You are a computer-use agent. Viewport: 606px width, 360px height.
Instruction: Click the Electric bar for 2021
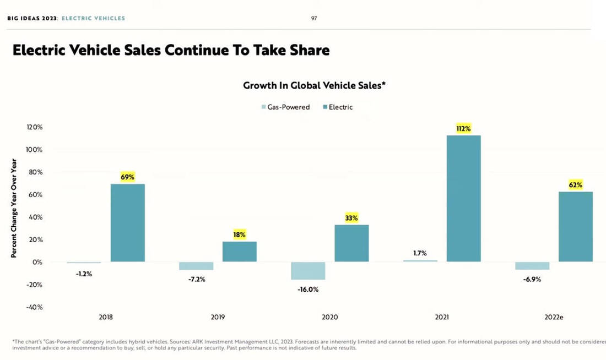[463, 198]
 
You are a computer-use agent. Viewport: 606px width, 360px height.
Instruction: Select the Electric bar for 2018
[128, 222]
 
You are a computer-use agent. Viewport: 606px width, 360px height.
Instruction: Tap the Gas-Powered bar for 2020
[307, 271]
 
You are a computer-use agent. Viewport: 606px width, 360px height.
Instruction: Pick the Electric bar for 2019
[240, 252]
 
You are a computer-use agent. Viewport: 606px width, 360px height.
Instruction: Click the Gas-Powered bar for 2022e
[532, 266]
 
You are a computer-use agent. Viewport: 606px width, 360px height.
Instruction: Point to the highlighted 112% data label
[463, 129]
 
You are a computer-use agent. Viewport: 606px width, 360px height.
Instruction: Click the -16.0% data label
[308, 289]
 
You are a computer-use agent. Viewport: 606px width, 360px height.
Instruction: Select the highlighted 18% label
[240, 234]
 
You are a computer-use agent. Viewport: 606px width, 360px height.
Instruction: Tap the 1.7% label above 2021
[420, 253]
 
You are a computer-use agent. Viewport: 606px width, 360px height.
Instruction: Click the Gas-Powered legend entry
[285, 107]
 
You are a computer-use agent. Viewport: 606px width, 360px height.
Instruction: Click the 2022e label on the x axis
[554, 317]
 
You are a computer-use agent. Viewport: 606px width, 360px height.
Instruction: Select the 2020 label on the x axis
[329, 317]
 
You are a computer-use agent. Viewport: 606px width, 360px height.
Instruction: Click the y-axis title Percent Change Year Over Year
[14, 208]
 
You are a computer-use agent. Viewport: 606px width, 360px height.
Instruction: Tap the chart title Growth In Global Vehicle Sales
[313, 86]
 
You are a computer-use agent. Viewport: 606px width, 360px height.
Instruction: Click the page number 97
[314, 18]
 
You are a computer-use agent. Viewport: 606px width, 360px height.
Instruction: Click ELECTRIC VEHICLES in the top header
[93, 18]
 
